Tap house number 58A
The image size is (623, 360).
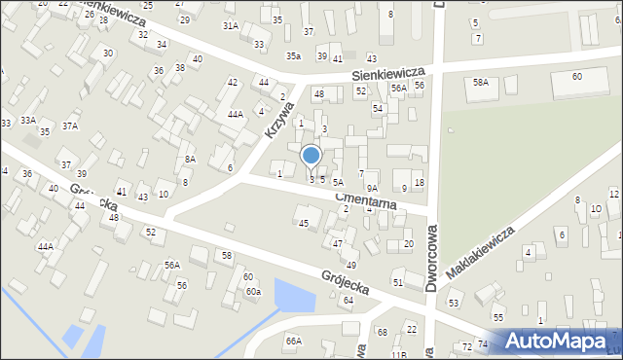[x=480, y=83]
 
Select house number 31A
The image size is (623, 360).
[x=231, y=25]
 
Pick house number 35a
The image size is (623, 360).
[x=293, y=56]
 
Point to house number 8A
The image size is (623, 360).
[x=191, y=159]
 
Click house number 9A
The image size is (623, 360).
[x=372, y=189]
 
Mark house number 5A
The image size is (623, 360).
[x=338, y=182]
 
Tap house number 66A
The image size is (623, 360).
[x=293, y=341]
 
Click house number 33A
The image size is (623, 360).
[x=28, y=120]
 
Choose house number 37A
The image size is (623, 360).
[x=70, y=126]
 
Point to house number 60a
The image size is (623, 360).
[x=253, y=291]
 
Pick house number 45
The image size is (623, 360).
[x=304, y=224]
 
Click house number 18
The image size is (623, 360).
[x=419, y=183]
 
